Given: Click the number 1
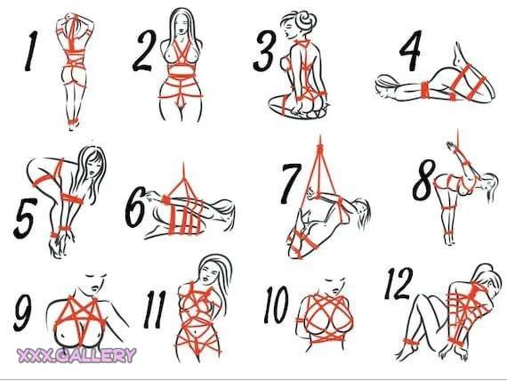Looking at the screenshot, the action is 32,51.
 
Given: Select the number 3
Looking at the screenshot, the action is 265,51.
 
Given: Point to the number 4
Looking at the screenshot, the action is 411,50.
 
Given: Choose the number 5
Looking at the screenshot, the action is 25,218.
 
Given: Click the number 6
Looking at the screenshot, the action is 135,207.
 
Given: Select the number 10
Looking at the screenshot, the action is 276,304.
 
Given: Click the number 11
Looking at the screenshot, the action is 155,309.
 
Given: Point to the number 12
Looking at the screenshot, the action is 398,284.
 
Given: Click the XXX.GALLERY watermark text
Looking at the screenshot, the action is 76,355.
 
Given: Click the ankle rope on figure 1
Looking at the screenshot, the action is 74,122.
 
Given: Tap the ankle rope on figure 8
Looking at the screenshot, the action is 450,234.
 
